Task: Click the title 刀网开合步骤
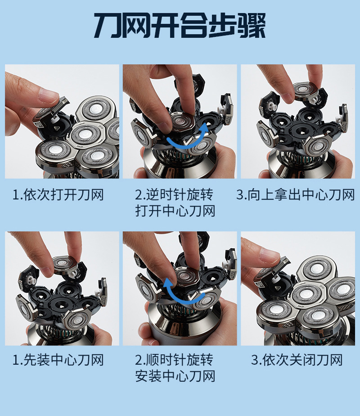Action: point(180,26)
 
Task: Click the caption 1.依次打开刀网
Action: point(58,195)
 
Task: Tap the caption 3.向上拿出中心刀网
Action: point(296,195)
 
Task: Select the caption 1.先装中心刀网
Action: point(58,360)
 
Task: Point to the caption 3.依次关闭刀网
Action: point(297,360)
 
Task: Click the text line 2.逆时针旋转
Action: point(174,195)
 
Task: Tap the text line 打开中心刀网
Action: point(175,211)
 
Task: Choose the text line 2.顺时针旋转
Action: point(174,360)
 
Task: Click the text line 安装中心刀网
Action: point(175,376)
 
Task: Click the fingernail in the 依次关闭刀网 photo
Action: point(270,254)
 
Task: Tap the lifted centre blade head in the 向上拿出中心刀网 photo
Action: point(305,90)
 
